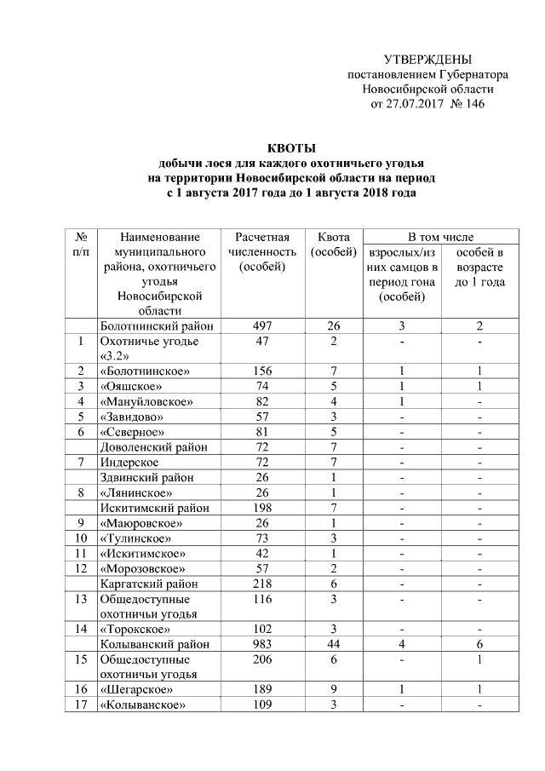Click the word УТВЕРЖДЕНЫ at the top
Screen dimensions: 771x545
tap(427, 60)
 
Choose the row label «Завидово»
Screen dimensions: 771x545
tap(130, 417)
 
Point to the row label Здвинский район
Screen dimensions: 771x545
tap(146, 477)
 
